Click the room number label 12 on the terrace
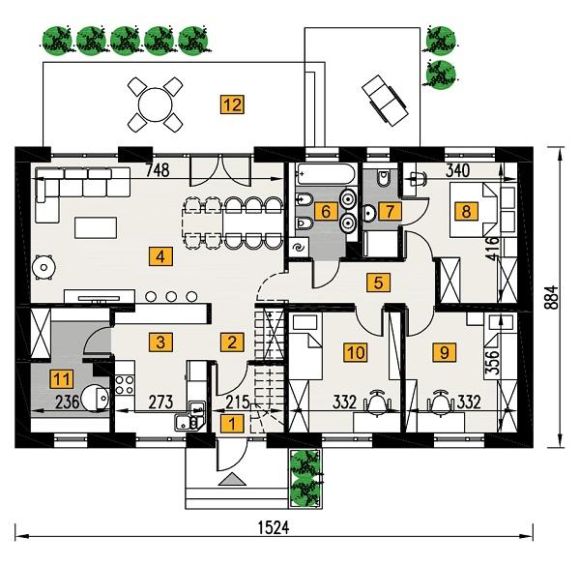pyautogui.click(x=230, y=104)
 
